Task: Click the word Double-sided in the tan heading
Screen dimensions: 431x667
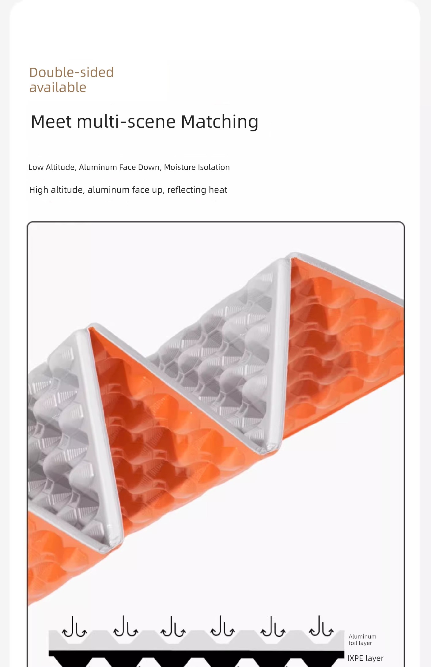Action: (x=71, y=73)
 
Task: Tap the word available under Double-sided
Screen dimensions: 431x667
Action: (x=58, y=88)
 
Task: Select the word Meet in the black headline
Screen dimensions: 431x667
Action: (x=51, y=122)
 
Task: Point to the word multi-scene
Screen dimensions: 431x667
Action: (x=126, y=122)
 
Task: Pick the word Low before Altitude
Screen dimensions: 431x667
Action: (x=36, y=167)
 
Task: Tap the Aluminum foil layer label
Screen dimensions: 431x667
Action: (x=362, y=640)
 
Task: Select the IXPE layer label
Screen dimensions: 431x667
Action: (x=365, y=658)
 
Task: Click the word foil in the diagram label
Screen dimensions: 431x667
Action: (x=353, y=643)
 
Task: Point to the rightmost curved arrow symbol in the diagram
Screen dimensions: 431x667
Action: (x=321, y=627)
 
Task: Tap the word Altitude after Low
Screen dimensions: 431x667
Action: (x=61, y=168)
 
